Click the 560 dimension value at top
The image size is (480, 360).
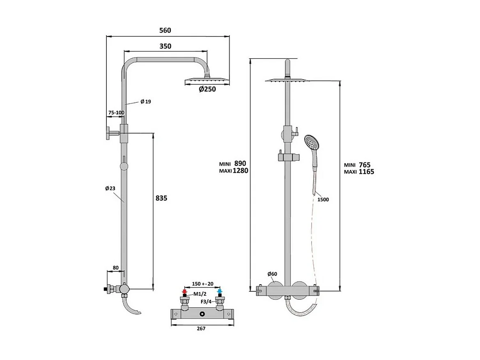tap(165, 30)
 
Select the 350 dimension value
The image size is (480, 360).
tap(165, 46)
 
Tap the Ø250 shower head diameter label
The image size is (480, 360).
tap(207, 90)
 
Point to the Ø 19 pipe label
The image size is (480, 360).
tap(145, 102)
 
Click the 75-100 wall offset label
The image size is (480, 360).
tap(116, 113)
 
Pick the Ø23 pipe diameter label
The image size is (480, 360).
tap(110, 188)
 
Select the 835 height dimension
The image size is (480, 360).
tap(161, 198)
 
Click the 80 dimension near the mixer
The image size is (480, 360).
tap(115, 268)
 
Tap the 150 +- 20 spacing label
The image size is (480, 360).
tap(202, 284)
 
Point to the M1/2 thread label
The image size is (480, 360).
tap(200, 294)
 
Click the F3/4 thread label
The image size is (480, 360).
tap(206, 302)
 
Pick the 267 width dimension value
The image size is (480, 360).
tap(201, 328)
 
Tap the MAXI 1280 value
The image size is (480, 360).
tap(240, 171)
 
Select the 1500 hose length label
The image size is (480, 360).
tap(323, 200)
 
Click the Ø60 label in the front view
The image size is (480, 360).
tap(272, 274)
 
